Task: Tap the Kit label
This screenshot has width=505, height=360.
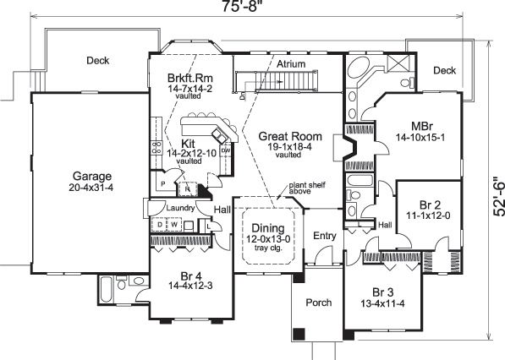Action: [189, 143]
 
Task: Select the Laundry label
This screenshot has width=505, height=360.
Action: [182, 207]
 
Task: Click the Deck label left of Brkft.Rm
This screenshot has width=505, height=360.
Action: [97, 60]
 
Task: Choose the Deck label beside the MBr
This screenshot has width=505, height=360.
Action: [445, 71]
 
